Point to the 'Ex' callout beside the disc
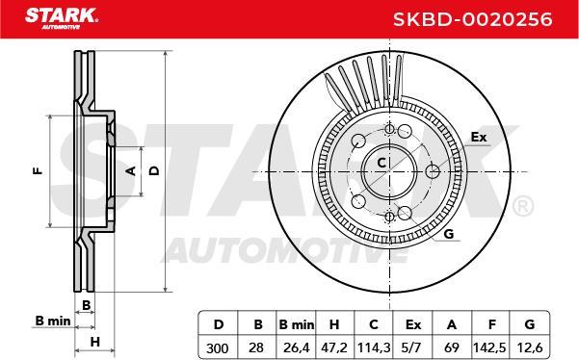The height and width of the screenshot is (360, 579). (479, 138)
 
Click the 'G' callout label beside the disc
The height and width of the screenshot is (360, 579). (448, 233)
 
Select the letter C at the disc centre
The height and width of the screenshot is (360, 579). (381, 162)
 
